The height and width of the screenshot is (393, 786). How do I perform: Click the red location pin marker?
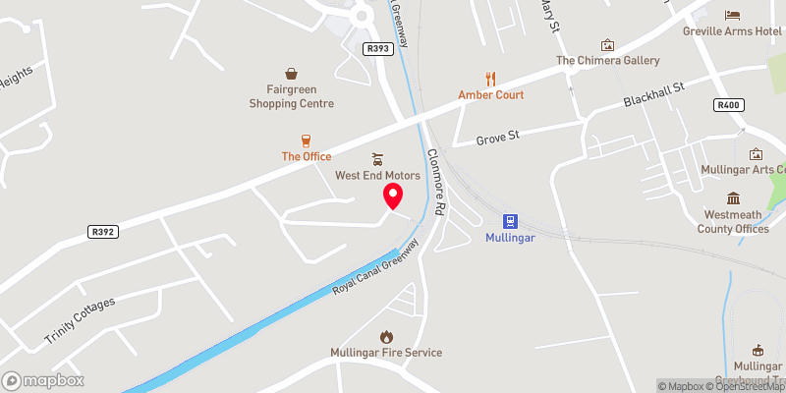tap(392, 195)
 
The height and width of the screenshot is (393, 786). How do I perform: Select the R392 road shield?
tap(101, 232)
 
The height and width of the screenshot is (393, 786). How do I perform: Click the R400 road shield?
tap(728, 105)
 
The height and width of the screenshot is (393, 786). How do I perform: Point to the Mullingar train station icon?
tap(511, 221)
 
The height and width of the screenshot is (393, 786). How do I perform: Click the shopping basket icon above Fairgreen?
tap(291, 73)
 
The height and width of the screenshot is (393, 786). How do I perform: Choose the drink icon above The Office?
tap(306, 140)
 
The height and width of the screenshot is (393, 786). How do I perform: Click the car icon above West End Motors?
tap(377, 159)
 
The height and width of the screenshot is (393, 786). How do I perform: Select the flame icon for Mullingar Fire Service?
tap(386, 336)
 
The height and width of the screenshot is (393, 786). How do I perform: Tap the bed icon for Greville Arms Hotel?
tap(732, 14)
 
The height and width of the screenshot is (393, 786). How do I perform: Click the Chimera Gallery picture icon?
tap(607, 45)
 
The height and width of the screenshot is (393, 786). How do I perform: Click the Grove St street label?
tap(498, 139)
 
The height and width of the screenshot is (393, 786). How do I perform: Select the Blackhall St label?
tap(652, 95)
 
